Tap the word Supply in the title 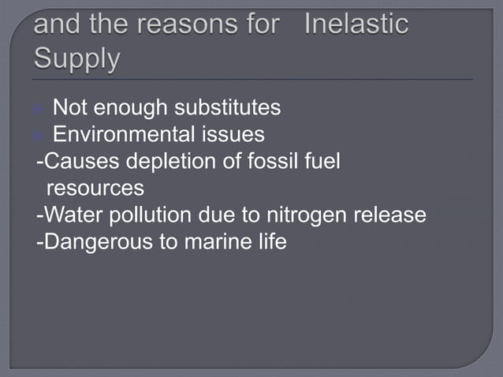tap(78, 58)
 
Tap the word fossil tap(274, 162)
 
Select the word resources tap(95, 188)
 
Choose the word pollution tap(153, 215)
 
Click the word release tap(389, 215)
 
